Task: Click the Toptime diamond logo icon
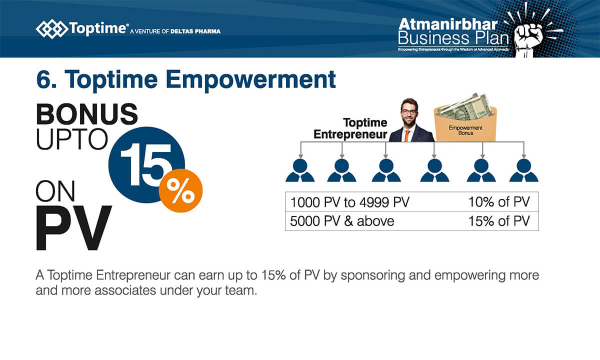coord(51,29)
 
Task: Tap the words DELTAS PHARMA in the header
coord(195,31)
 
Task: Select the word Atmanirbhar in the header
coord(447,24)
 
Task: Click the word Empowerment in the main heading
coord(250,79)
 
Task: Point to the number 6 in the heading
coord(43,79)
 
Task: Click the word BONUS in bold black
coord(87,114)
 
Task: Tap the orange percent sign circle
coord(180,190)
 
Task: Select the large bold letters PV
coord(73,227)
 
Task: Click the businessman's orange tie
coord(407,136)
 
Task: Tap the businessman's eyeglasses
coord(408,112)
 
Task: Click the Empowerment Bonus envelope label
coord(465,130)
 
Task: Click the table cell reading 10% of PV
coord(499,201)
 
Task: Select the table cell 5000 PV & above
coord(342,221)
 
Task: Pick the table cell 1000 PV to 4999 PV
coord(349,202)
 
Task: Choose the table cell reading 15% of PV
coord(499,221)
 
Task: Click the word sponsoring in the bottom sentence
coord(372,275)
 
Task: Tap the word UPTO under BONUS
coord(72,139)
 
